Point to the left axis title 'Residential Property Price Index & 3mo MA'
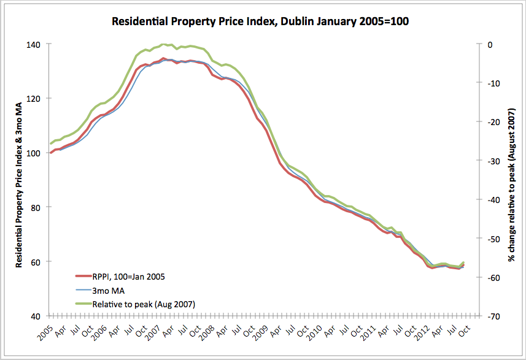click(x=19, y=180)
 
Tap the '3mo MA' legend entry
click(x=105, y=290)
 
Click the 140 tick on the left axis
click(x=33, y=44)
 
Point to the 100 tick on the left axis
click(x=33, y=153)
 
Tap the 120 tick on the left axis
click(x=33, y=98)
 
